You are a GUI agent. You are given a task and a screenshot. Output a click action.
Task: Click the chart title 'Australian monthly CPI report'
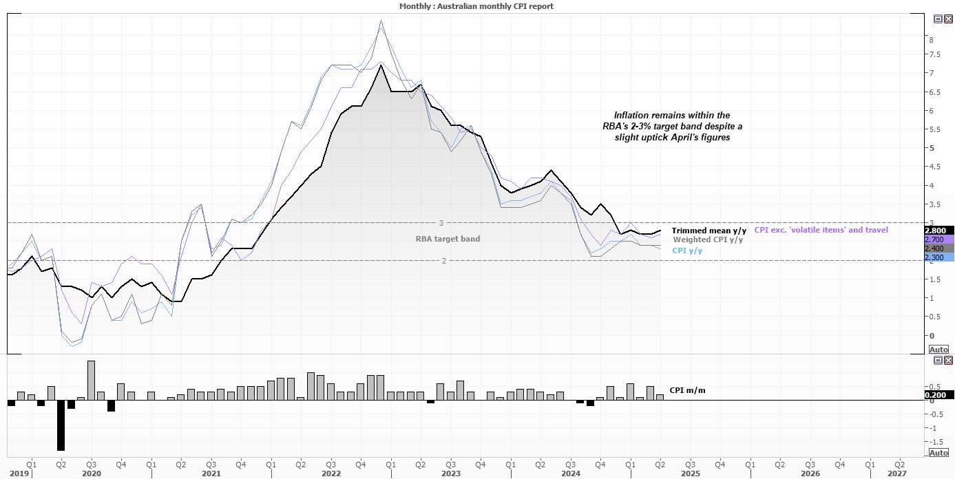pyautogui.click(x=476, y=6)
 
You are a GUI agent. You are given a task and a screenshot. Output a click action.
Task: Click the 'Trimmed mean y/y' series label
pyautogui.click(x=709, y=231)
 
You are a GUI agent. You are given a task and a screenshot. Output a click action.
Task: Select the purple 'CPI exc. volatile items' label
pyautogui.click(x=821, y=230)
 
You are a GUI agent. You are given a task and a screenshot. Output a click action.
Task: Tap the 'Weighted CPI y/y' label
pyautogui.click(x=708, y=239)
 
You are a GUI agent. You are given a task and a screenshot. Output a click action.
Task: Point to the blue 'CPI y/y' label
pyautogui.click(x=686, y=251)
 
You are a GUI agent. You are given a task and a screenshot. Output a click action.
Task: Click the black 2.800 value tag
pyautogui.click(x=938, y=231)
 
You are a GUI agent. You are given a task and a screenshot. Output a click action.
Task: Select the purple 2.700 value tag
pyautogui.click(x=938, y=239)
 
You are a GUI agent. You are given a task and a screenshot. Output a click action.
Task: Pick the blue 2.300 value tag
pyautogui.click(x=938, y=257)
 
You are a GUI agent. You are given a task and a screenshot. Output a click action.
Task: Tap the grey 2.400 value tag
pyautogui.click(x=938, y=248)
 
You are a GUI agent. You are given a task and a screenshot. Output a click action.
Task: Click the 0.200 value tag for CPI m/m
pyautogui.click(x=938, y=395)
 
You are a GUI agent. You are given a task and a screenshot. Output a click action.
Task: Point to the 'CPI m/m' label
pyautogui.click(x=687, y=390)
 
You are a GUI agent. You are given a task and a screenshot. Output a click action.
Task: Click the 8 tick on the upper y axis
pyautogui.click(x=931, y=40)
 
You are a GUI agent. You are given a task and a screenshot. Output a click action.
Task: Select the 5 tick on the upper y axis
pyautogui.click(x=931, y=148)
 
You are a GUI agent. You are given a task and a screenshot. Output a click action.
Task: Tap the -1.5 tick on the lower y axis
pyautogui.click(x=936, y=441)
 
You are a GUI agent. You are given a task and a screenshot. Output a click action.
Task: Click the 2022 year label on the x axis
pyautogui.click(x=331, y=473)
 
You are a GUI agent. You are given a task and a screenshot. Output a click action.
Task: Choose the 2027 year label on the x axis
pyautogui.click(x=897, y=473)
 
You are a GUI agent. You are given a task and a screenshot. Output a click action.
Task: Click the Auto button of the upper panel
pyautogui.click(x=938, y=350)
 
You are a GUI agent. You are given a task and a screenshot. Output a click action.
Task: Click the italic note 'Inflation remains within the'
pyautogui.click(x=671, y=115)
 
